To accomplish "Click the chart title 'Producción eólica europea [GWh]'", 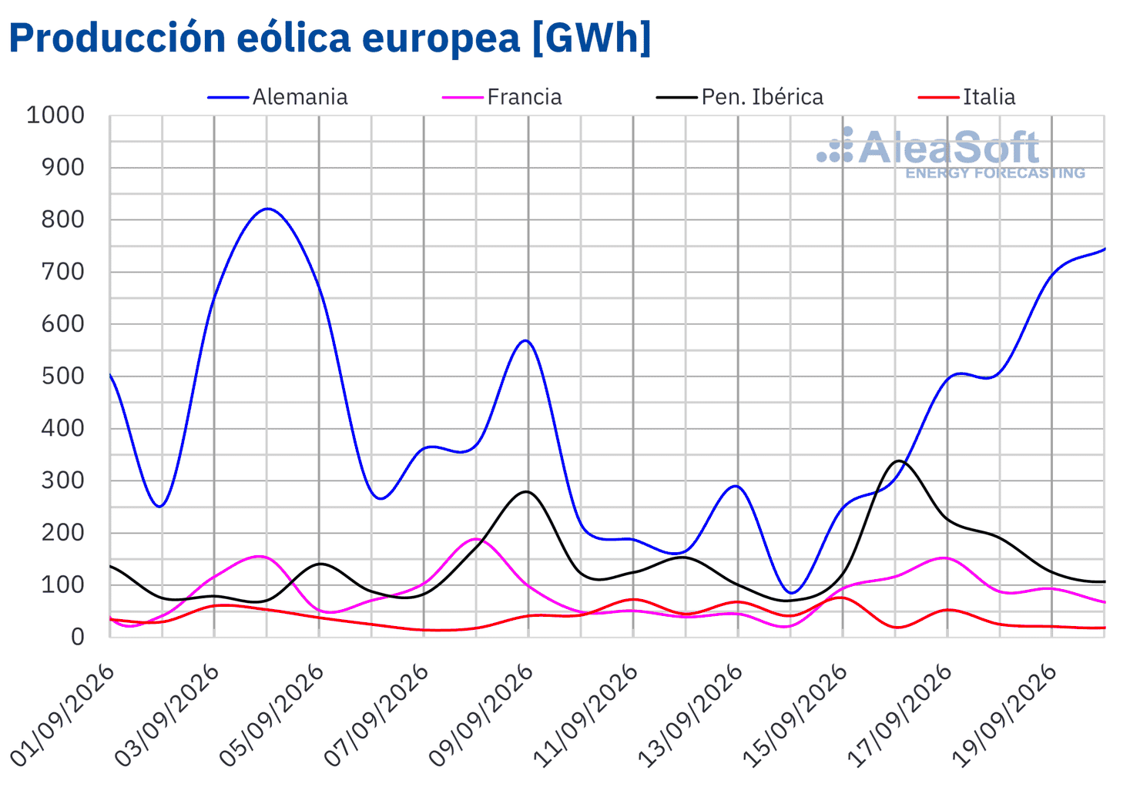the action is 330,39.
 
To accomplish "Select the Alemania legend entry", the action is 277,97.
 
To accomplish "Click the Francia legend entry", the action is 501,97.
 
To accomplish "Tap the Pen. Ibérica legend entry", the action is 739,97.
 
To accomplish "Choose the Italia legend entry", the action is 967,97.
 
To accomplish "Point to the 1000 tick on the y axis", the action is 55,115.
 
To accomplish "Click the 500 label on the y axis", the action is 63,376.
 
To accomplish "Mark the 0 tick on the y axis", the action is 77,637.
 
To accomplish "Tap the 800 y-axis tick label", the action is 63,219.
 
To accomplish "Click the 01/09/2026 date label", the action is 62,715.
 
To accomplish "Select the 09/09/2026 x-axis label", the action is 481,715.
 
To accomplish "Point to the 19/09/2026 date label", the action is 1004,715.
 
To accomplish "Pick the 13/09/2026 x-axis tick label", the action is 690,715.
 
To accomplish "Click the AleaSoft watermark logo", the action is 951,152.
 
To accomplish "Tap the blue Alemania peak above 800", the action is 267,209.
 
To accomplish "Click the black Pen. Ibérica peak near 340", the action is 899,461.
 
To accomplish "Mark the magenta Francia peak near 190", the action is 476,538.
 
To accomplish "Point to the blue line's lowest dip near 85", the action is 791,593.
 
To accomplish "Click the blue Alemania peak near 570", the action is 526,340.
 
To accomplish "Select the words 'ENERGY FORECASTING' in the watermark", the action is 995,173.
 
